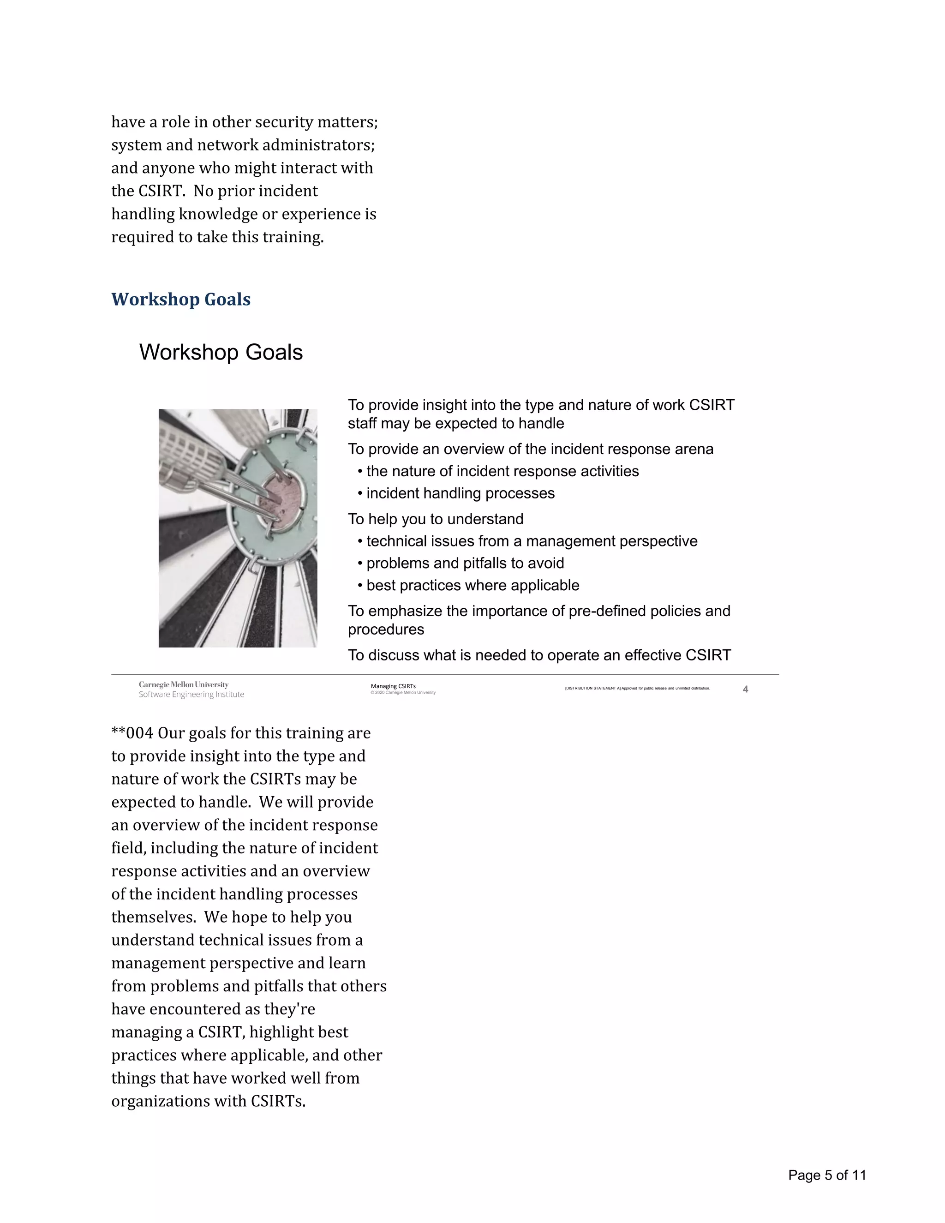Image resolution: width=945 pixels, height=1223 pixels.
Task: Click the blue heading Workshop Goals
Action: (x=180, y=299)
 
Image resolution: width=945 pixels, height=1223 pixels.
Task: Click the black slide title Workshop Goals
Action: (x=221, y=352)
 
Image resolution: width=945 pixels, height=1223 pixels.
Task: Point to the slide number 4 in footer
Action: (x=745, y=689)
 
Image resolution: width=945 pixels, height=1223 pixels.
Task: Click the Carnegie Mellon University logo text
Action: (x=184, y=684)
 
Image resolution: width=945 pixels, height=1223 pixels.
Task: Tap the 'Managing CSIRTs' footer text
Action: (x=393, y=686)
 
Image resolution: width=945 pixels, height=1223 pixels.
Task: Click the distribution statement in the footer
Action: (x=637, y=688)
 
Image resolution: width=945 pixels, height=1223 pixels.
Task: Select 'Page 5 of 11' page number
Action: (x=827, y=1175)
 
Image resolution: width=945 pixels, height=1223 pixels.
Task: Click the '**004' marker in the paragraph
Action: (x=132, y=733)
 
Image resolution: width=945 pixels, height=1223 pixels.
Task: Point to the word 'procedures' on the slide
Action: (x=386, y=629)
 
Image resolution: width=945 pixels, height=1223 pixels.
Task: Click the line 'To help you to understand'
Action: (x=436, y=519)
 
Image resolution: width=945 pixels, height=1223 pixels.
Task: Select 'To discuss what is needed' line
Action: (x=539, y=655)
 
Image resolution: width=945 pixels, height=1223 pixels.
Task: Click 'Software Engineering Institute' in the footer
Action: (x=191, y=695)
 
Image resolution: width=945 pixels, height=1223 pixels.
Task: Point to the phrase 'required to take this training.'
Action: (x=217, y=237)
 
